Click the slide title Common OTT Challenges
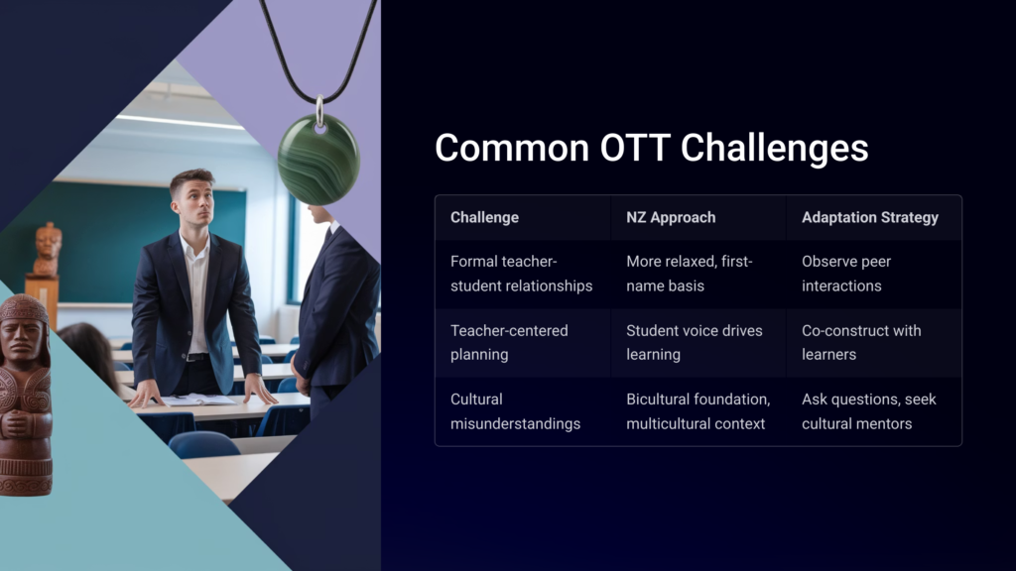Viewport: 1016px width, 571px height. (x=651, y=148)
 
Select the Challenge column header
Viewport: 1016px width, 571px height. (x=484, y=217)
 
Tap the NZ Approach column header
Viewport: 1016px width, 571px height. (x=671, y=217)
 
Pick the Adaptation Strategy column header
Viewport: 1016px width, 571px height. (x=869, y=217)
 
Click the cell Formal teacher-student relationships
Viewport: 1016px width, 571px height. (x=522, y=274)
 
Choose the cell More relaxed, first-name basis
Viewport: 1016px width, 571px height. (x=690, y=274)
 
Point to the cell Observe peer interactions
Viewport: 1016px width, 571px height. (x=846, y=274)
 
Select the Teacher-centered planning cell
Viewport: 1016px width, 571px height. (x=509, y=342)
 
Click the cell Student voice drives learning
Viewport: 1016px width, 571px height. (x=694, y=342)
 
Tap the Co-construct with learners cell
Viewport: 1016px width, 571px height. (x=861, y=342)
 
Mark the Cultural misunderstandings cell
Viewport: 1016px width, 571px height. (x=515, y=411)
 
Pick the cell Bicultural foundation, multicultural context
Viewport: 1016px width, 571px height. (x=698, y=411)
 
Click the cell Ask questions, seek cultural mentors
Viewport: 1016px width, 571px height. (x=869, y=411)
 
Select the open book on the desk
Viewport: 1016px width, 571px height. (x=197, y=400)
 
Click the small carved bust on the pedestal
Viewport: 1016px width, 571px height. (x=47, y=249)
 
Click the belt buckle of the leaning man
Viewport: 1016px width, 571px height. (x=194, y=357)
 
